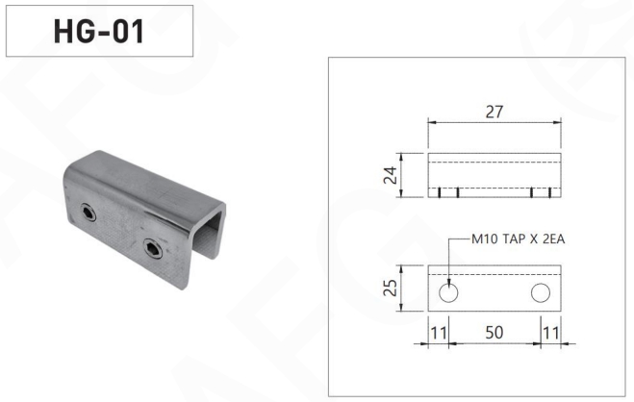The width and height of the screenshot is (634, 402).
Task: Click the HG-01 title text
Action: click(x=99, y=31)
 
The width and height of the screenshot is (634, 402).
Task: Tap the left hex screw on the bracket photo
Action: click(x=88, y=213)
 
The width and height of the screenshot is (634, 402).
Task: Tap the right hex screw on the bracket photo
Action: click(x=153, y=248)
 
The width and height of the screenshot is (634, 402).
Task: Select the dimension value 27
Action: click(x=495, y=112)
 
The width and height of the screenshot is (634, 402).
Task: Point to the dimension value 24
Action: click(x=391, y=175)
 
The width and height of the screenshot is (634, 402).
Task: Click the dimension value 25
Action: click(x=391, y=288)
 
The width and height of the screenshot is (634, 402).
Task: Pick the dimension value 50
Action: click(x=495, y=333)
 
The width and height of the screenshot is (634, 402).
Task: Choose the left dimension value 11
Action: click(x=439, y=333)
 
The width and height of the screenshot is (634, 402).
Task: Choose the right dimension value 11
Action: click(x=550, y=333)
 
